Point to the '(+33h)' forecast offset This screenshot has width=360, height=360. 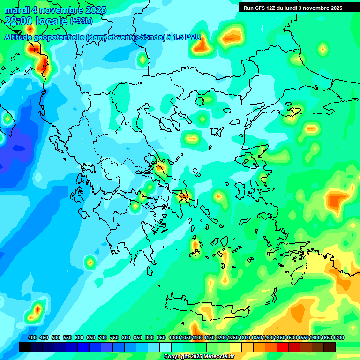coord(82,21)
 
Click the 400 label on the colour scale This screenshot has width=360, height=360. coord(32,337)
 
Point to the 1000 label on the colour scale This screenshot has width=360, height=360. coord(174,337)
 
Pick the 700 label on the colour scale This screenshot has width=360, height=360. coord(103,337)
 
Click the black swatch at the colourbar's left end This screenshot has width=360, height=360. coord(25,347)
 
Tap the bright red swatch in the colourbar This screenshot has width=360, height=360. coord(283,347)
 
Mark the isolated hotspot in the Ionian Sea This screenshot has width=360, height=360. coord(90,262)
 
